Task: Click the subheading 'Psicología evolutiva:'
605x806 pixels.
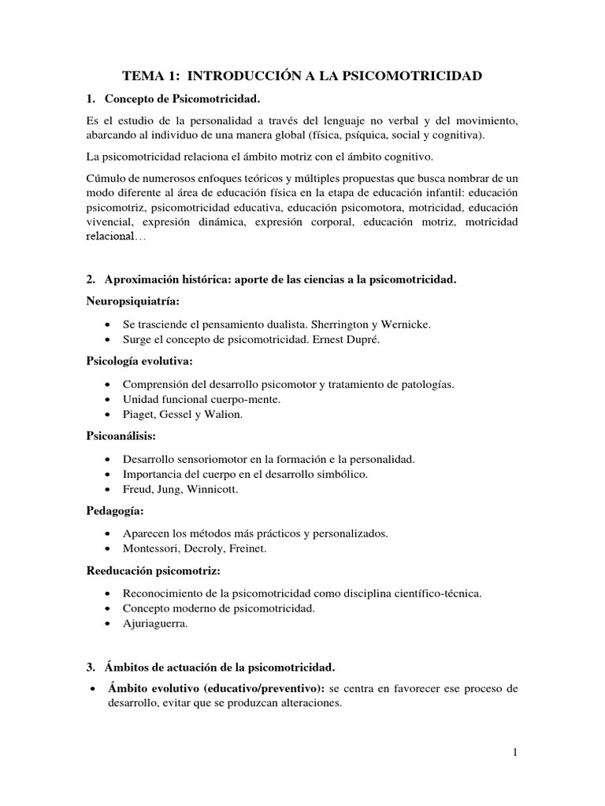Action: (139, 360)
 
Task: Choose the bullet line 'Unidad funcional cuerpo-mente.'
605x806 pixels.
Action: (202, 399)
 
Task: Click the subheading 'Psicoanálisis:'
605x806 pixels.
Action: (121, 435)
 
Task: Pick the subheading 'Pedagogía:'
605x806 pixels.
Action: (115, 510)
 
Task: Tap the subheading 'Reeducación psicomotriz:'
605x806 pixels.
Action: (153, 569)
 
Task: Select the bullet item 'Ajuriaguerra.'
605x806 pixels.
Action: (156, 624)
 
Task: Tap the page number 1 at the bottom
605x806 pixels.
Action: (515, 752)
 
